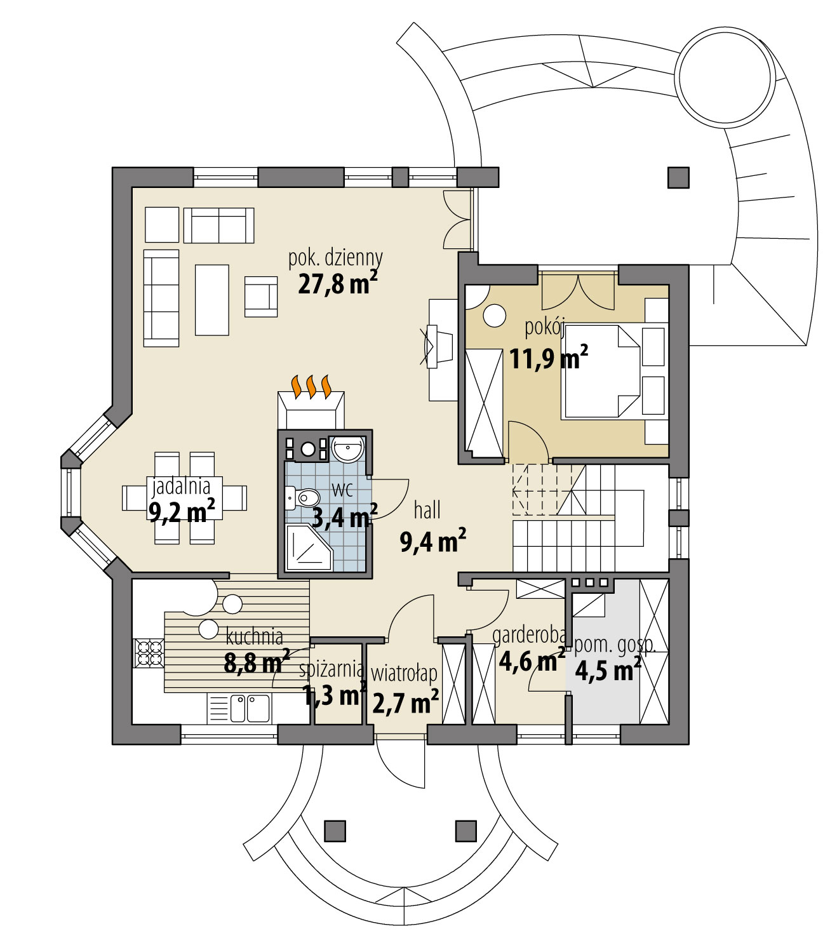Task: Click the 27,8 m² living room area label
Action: (337, 283)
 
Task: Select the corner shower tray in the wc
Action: (308, 547)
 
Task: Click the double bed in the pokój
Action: (600, 372)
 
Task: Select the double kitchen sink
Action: (250, 709)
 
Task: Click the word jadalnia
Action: (181, 487)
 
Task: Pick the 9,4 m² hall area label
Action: (432, 541)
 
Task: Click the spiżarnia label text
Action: (331, 669)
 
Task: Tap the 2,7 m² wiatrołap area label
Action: (405, 703)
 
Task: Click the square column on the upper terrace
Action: (678, 177)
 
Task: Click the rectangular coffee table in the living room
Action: (211, 300)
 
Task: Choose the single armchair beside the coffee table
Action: (260, 296)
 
